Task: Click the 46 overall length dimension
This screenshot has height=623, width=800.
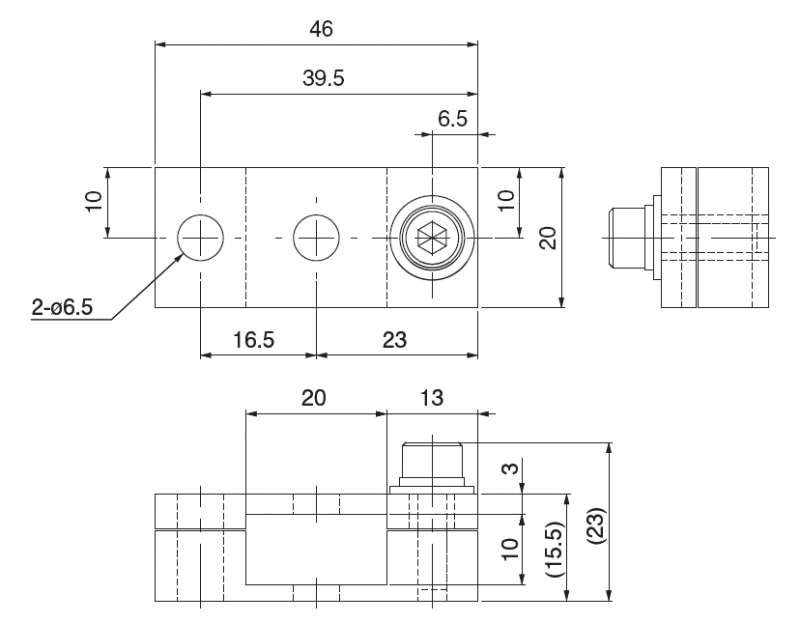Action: pyautogui.click(x=321, y=29)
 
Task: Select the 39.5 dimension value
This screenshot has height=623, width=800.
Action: pyautogui.click(x=323, y=79)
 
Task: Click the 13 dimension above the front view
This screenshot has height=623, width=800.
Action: pyautogui.click(x=431, y=397)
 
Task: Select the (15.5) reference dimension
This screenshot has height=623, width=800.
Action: pyautogui.click(x=555, y=551)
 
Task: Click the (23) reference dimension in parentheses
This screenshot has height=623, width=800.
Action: pyautogui.click(x=596, y=523)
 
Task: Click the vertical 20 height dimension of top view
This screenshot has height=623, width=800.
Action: pyautogui.click(x=548, y=237)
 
